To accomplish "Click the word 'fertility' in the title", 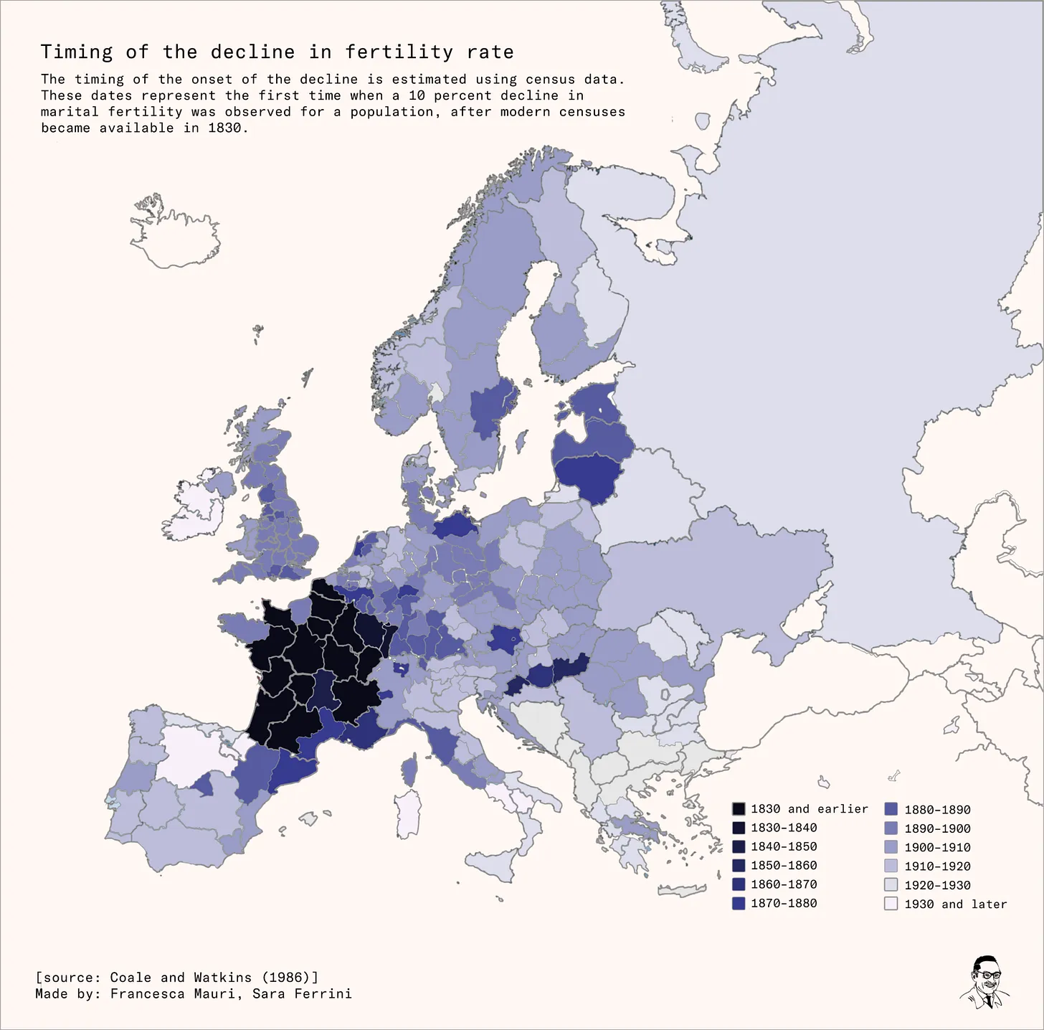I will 399,52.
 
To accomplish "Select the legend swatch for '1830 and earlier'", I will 739,809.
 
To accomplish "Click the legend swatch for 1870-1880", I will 739,904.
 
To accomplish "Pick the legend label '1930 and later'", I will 955,904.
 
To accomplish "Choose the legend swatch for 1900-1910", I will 891,848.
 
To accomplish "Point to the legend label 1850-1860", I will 784,866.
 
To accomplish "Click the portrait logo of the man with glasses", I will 985,982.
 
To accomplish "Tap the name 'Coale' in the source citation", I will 130,978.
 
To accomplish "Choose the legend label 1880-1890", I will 937,810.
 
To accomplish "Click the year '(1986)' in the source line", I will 290,978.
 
